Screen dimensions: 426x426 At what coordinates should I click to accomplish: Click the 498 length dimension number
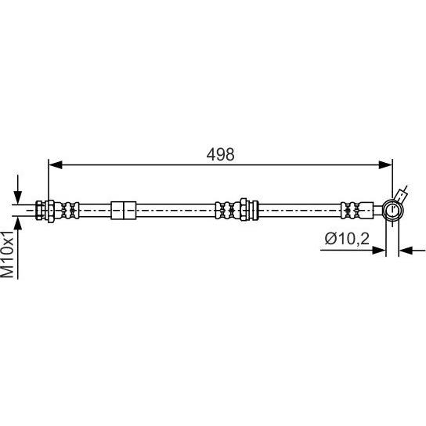220,154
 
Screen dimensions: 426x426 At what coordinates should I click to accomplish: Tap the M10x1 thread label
7,255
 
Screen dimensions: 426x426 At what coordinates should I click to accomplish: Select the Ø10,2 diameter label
347,239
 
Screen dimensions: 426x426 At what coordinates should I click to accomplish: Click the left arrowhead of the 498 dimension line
55,164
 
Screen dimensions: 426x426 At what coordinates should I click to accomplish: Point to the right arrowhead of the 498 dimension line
385,164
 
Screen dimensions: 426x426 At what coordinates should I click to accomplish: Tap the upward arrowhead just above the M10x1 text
18,223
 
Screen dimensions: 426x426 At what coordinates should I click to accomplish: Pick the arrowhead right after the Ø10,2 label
379,251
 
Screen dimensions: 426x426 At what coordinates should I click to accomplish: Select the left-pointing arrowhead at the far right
406,251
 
